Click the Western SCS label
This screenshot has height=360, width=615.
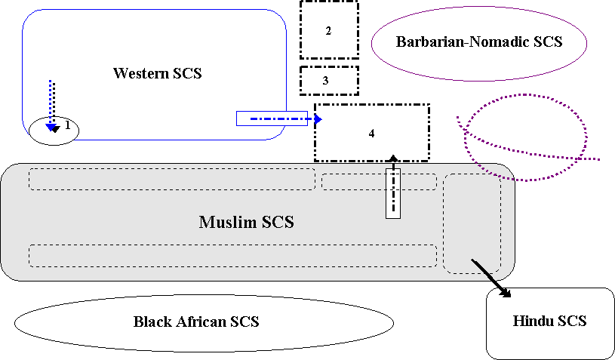coord(158,73)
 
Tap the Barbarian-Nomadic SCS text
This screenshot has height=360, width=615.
coord(478,42)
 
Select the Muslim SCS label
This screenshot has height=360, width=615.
coord(246,223)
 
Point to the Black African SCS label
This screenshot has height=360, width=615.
coord(196,322)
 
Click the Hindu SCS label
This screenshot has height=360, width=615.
coord(549,321)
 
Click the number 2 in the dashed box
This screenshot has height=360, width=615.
coord(328,31)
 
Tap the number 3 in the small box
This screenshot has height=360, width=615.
coord(325,80)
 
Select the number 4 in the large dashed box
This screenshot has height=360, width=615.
coord(371,133)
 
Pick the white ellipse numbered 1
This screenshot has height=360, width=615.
coord(54,130)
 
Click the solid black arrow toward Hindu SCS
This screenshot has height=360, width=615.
coord(490,277)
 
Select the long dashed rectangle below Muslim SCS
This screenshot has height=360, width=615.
coord(232,255)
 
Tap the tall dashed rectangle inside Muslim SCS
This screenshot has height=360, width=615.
coord(471,223)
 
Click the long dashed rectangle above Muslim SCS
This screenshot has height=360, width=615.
coord(172,179)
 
